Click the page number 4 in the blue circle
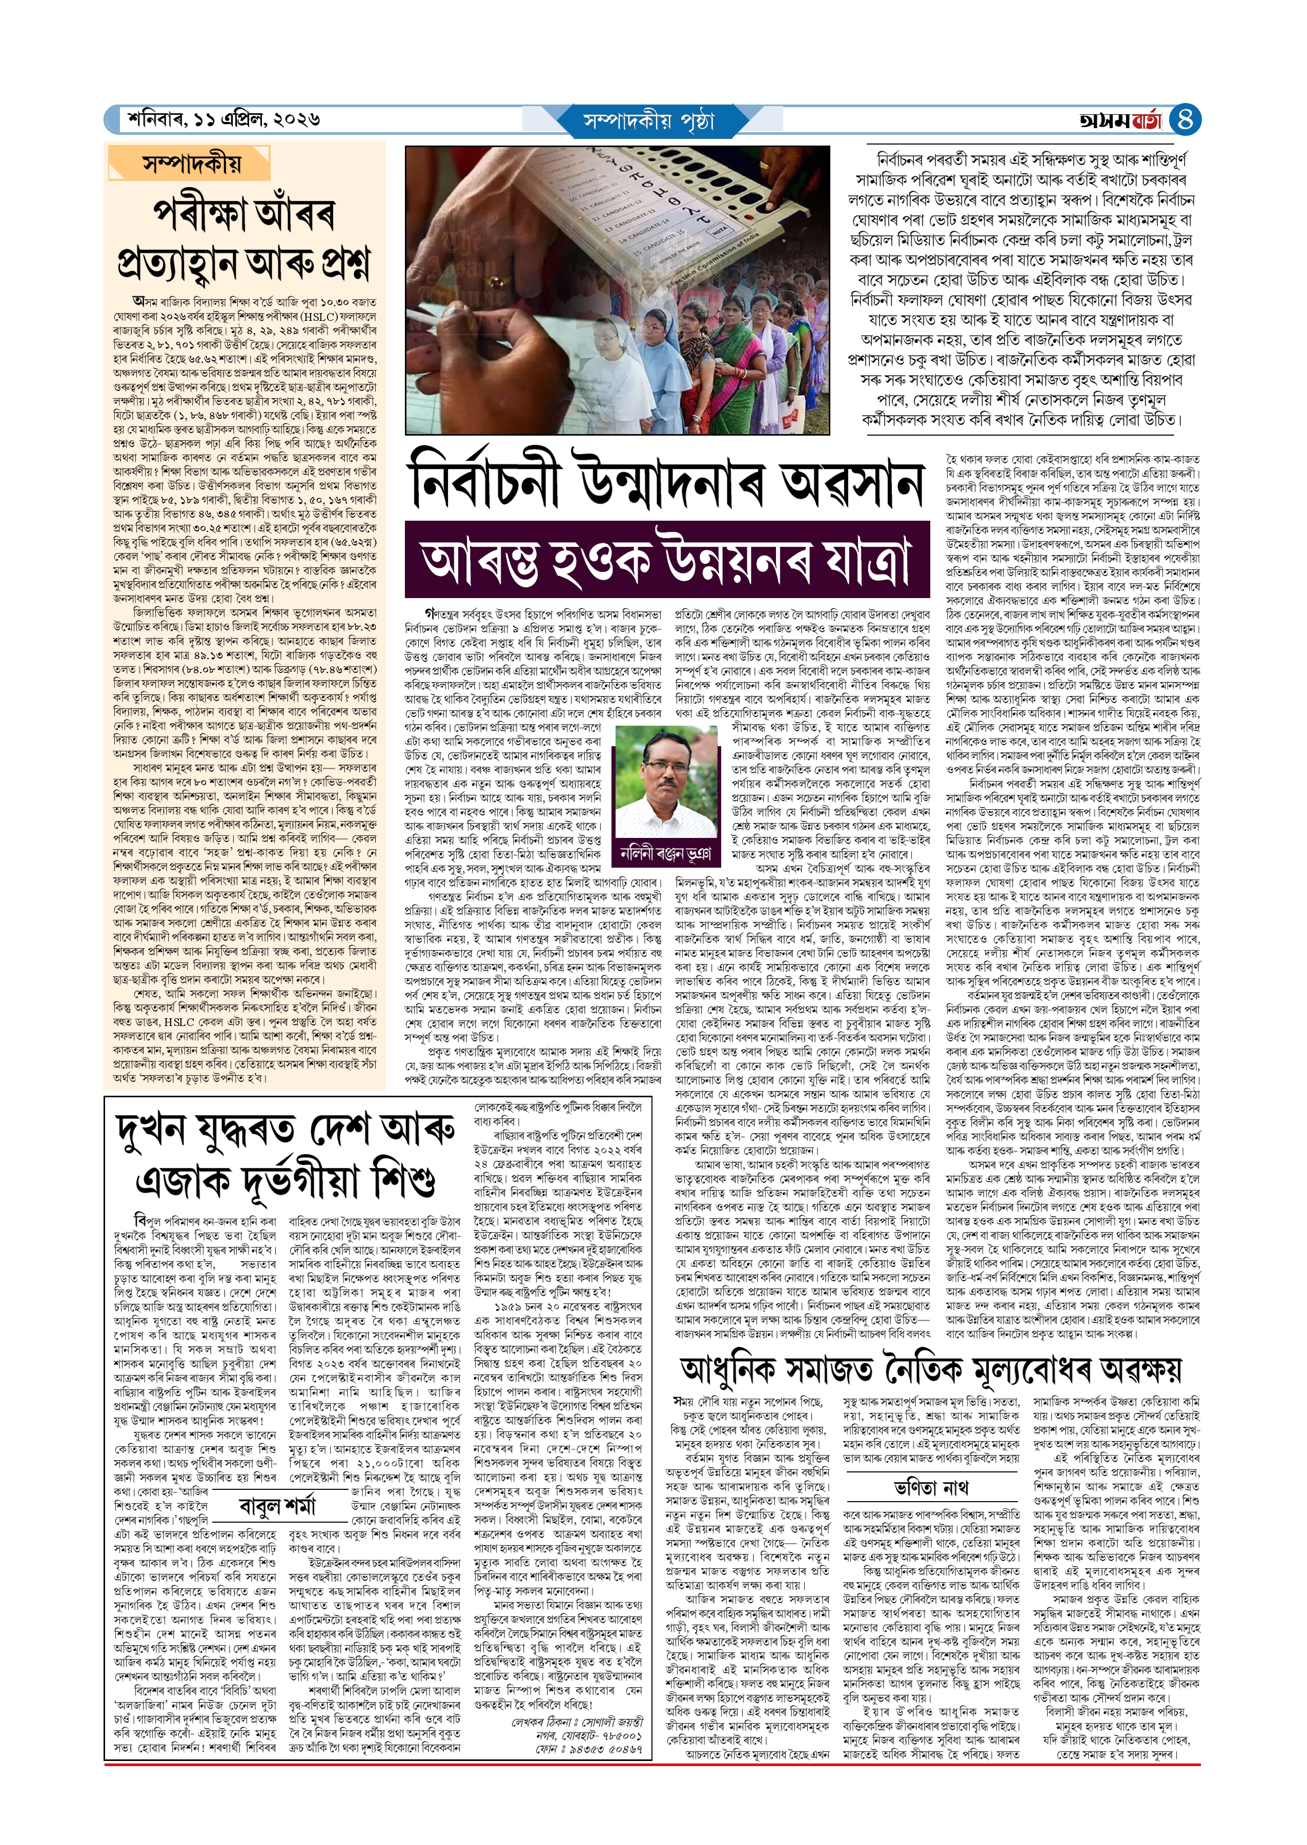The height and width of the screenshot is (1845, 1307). pos(1184,120)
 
